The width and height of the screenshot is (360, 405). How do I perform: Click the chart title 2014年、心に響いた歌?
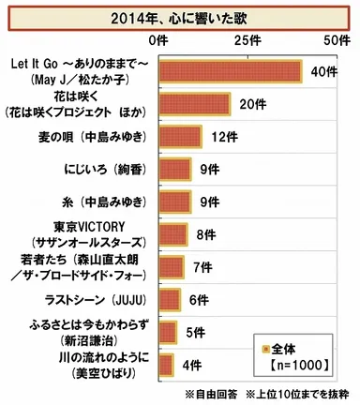tap(180, 17)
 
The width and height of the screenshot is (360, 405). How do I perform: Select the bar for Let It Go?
tap(231, 71)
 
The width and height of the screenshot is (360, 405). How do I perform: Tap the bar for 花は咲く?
tap(195, 104)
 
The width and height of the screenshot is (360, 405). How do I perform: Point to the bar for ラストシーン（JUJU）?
tap(171, 299)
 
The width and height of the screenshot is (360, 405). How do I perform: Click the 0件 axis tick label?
tap(160, 41)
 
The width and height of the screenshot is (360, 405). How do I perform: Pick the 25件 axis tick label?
tap(247, 41)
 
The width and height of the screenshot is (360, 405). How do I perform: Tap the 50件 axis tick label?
tap(336, 41)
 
